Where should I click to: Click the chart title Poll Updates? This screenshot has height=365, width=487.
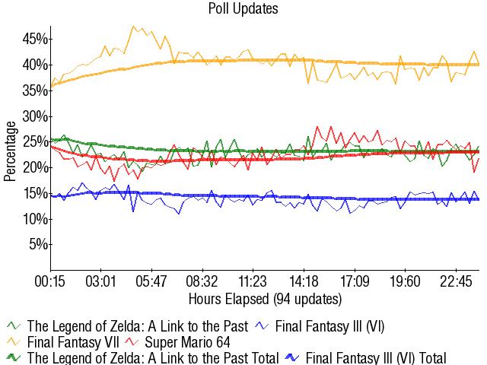(243, 9)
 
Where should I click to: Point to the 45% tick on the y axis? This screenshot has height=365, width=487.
(36, 39)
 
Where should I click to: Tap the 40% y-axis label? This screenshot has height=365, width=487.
(36, 65)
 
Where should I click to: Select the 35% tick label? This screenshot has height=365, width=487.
(36, 90)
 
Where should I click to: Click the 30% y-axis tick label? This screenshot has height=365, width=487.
(36, 116)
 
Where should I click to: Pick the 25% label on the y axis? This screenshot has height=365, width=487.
(36, 142)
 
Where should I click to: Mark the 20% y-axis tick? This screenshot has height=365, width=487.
(36, 168)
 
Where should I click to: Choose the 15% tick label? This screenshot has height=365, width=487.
(36, 193)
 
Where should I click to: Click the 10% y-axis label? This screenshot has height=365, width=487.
(36, 219)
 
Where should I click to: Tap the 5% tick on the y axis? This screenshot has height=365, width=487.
(39, 245)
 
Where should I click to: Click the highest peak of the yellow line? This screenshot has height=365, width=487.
(133, 27)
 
